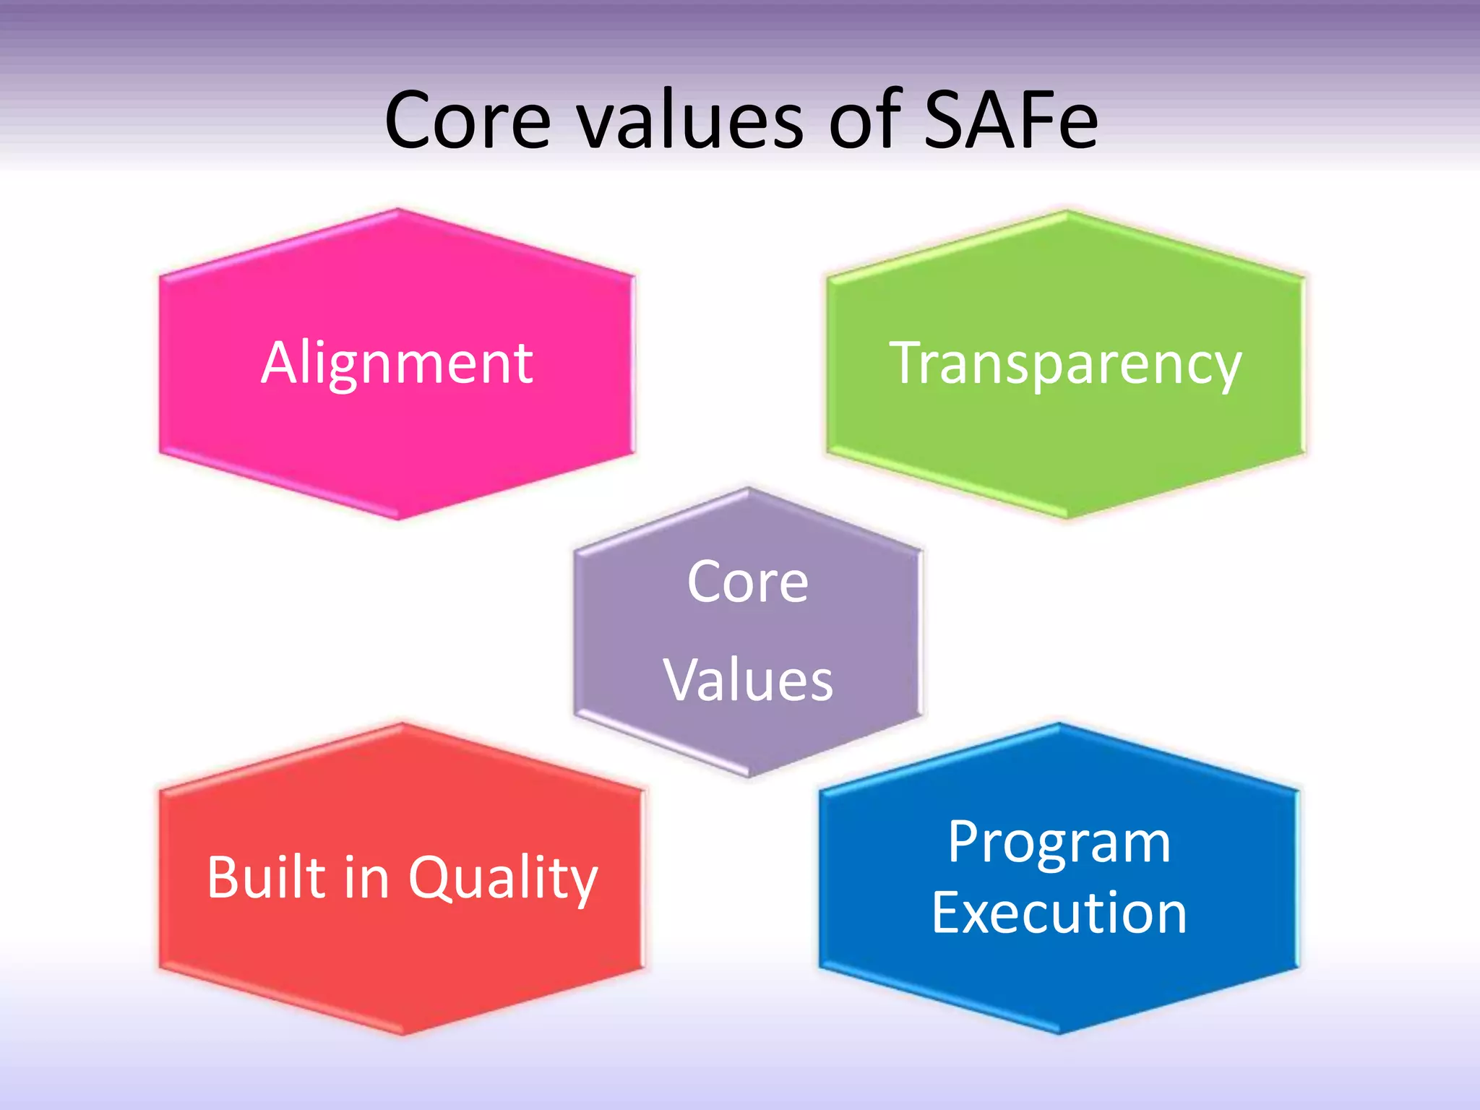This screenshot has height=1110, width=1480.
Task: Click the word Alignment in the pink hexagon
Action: coord(397,363)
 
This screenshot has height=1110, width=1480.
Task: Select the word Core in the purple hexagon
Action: coord(748,582)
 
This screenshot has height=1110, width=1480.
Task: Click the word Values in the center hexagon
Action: coord(748,681)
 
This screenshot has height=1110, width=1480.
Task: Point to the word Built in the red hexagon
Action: coord(267,877)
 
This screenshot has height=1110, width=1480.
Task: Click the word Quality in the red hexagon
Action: coord(503,879)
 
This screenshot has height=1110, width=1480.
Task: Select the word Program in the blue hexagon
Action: coord(1059,843)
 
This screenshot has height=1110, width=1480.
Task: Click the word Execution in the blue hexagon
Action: coord(1059,913)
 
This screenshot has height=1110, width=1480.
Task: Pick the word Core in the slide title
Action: coord(468,120)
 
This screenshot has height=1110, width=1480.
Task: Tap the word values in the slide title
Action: coord(690,120)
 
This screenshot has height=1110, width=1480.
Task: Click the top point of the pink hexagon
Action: coord(397,210)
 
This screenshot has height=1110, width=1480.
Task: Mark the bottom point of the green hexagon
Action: coord(1067,517)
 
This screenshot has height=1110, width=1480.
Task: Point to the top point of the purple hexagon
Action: coord(749,489)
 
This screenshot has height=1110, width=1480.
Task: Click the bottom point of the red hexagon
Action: coord(403,1033)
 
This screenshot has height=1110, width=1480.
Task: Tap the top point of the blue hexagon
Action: coord(1059,725)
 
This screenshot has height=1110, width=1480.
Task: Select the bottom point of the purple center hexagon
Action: coord(749,776)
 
